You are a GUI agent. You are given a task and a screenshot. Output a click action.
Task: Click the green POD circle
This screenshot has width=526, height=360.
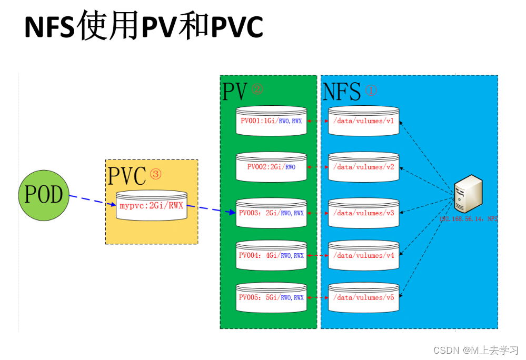[x=44, y=194]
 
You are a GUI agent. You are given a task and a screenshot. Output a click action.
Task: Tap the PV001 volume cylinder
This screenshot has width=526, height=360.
[x=271, y=121]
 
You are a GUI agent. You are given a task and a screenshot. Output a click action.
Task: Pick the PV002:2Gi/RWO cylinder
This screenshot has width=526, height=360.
[x=271, y=167]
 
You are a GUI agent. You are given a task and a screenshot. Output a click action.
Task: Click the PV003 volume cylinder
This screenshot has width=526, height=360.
[x=271, y=213]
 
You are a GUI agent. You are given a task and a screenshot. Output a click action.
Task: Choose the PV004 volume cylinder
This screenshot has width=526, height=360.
[x=271, y=255]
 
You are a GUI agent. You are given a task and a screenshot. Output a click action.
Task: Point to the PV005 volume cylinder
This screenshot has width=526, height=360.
[x=271, y=297]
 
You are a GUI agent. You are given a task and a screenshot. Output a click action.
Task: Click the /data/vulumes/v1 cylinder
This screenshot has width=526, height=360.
[x=363, y=121]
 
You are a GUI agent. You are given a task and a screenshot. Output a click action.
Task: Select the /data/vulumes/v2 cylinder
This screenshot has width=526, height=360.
[x=363, y=167]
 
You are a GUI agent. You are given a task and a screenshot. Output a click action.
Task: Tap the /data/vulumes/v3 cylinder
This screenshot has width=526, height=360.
[x=363, y=213]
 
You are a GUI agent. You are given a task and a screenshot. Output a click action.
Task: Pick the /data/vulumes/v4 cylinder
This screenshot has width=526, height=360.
[x=363, y=255]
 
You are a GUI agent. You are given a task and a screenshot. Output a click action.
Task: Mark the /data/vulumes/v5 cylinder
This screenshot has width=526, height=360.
[x=363, y=297]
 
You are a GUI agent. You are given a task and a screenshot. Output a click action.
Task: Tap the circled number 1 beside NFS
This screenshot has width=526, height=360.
[x=371, y=90]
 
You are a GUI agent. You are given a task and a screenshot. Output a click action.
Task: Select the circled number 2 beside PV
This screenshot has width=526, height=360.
[x=257, y=89]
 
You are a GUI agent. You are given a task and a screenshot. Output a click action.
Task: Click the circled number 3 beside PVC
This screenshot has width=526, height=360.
[x=156, y=173]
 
